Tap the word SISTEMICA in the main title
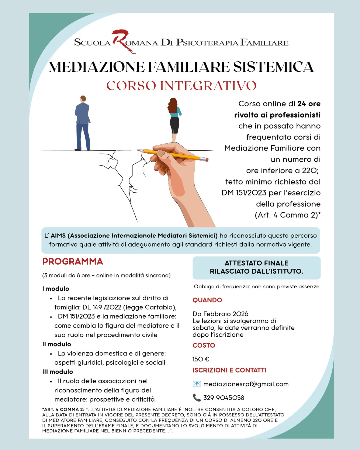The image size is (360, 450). (x=273, y=67)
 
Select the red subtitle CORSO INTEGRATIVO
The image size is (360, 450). (x=181, y=86)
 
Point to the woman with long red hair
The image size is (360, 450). (x=174, y=118)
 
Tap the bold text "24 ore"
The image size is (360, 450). (x=309, y=104)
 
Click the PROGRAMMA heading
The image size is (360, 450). (x=73, y=261)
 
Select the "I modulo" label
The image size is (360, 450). (x=56, y=289)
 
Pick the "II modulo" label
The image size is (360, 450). (x=57, y=344)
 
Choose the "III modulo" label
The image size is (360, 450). (x=58, y=372)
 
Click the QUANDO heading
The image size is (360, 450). (x=207, y=300)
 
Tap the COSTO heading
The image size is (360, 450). (x=204, y=345)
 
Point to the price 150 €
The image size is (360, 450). (x=201, y=359)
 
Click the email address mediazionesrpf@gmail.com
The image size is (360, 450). (x=246, y=384)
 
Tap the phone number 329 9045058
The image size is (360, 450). (x=224, y=398)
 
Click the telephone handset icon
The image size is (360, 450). (x=197, y=397)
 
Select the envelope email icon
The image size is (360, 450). (x=197, y=384)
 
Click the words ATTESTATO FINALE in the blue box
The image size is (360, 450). (x=256, y=263)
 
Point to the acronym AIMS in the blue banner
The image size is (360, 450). (x=58, y=236)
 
